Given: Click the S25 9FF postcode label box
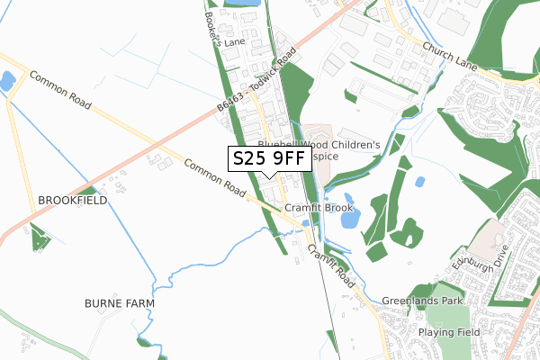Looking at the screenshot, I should (x=270, y=159).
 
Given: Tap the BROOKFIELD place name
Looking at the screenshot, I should (x=72, y=200).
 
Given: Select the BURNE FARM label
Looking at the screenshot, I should (x=120, y=303).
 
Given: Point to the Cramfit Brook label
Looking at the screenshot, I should (x=319, y=208).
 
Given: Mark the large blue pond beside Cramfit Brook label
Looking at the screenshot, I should (x=348, y=217).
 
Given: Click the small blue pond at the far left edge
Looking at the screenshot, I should (x=6, y=81).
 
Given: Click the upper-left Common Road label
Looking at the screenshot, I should (x=60, y=90).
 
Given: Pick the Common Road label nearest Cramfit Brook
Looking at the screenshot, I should (x=215, y=178).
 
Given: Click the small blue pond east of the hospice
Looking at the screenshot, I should (x=419, y=182).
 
